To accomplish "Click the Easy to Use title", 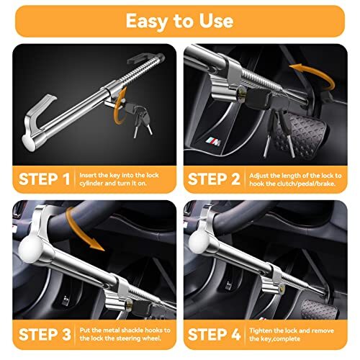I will coord(179,21).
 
